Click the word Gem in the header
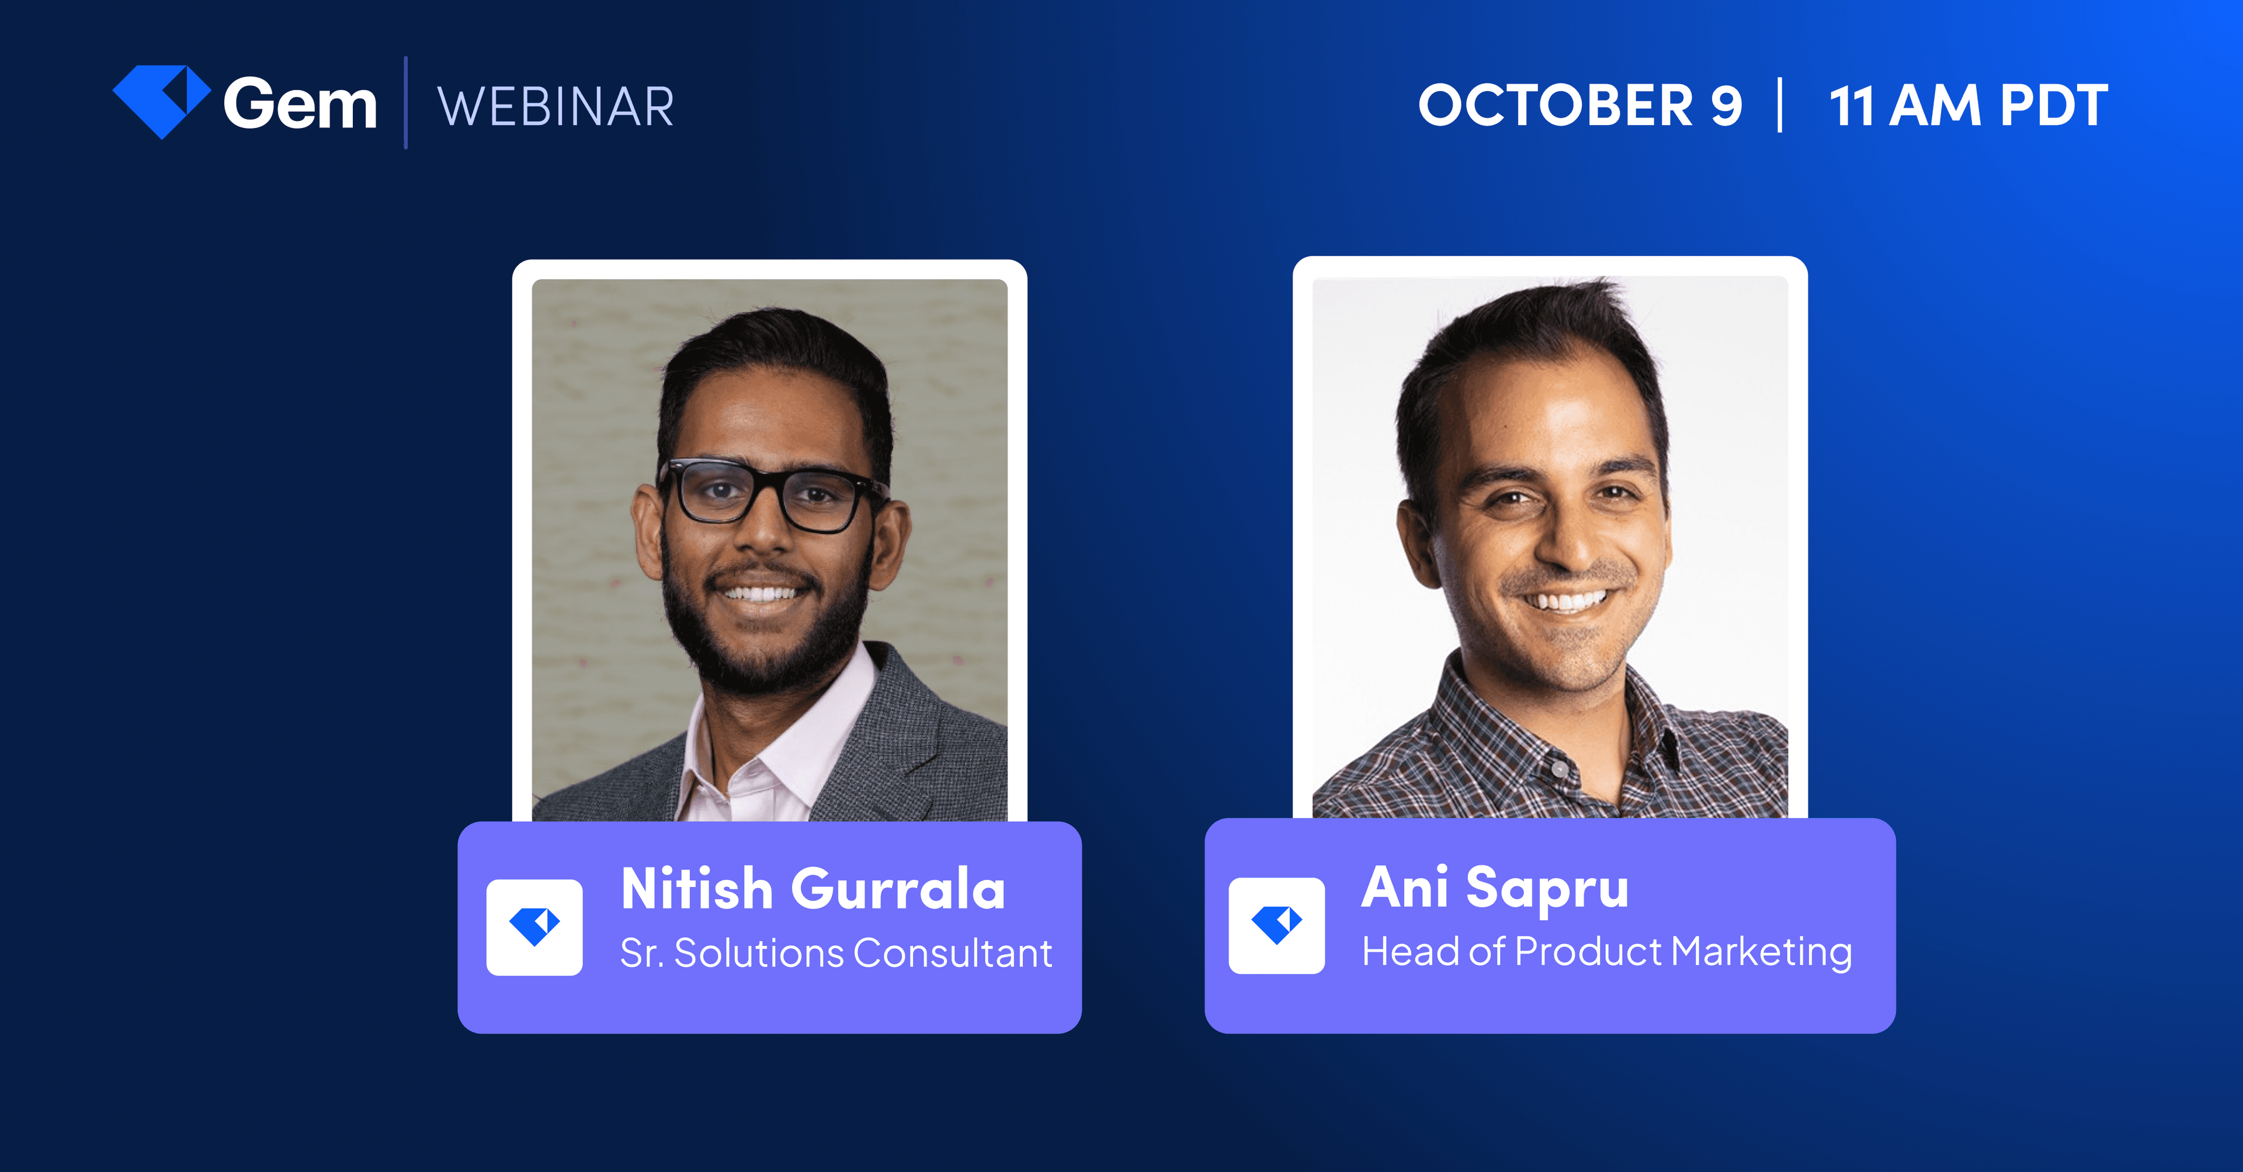coord(300,105)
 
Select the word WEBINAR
coord(555,107)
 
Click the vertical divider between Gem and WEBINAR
coord(406,103)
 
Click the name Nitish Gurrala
coord(813,889)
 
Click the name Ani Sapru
coord(1494,887)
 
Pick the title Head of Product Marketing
coord(1606,951)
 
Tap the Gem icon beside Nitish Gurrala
coord(534,927)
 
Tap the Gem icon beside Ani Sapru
coord(1276,925)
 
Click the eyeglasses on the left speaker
coord(766,495)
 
